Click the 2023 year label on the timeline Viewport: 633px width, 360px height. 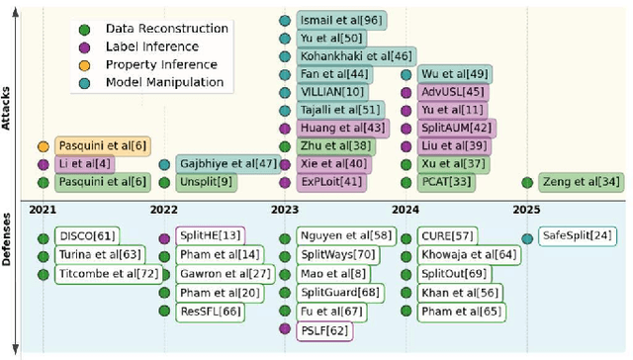(x=285, y=210)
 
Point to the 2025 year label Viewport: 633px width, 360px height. (x=526, y=210)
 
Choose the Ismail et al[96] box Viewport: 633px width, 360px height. (x=342, y=20)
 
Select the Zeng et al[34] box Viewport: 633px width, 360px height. (x=581, y=182)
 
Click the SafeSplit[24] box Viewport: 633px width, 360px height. (x=577, y=236)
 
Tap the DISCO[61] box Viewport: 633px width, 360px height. (x=85, y=236)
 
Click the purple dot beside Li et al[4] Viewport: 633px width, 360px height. (x=43, y=164)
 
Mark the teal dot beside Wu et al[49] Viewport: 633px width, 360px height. (x=407, y=74)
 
